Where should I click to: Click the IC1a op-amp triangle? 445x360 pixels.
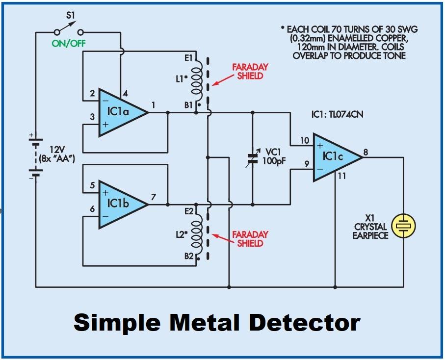click(120, 112)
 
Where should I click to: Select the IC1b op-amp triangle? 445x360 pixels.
click(120, 204)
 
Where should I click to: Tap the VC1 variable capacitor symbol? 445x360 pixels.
click(253, 158)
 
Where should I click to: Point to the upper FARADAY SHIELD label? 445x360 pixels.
click(251, 71)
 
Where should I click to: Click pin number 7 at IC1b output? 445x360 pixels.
click(153, 197)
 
